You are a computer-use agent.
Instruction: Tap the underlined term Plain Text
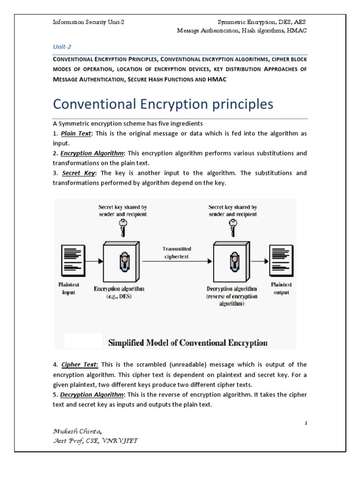[76, 133]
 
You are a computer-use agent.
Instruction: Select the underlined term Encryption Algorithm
[92, 153]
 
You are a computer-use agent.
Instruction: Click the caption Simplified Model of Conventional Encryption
[188, 342]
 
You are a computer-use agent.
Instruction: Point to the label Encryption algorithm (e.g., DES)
[119, 292]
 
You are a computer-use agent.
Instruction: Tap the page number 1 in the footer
[306, 423]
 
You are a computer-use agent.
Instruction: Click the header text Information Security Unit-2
[88, 22]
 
